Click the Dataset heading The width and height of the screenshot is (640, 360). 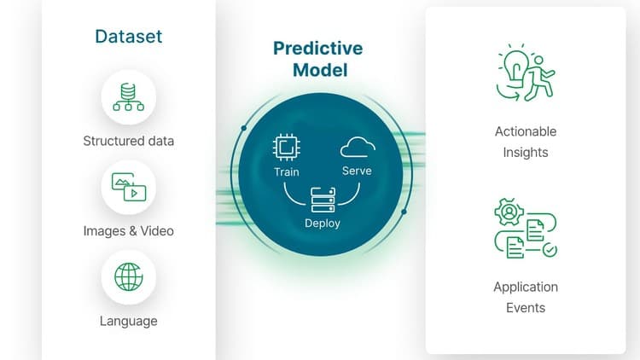point(129,37)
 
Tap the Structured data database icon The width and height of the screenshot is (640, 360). point(129,97)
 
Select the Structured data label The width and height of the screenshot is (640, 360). point(128,141)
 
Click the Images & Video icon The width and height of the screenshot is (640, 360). point(129,186)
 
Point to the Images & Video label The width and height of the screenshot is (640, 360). point(129,231)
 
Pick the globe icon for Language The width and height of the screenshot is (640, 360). point(129,276)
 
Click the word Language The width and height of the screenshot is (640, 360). point(129,322)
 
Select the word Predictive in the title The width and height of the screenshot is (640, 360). point(317,49)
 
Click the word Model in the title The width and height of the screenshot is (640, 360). point(320,71)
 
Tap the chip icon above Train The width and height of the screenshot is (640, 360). point(286,148)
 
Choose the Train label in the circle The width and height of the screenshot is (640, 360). point(287,171)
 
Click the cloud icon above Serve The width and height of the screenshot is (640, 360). point(357,148)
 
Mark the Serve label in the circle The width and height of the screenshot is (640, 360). point(357,171)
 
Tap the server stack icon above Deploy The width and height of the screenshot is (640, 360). point(323,201)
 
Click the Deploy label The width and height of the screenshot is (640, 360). point(323,224)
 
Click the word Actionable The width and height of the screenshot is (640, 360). point(526,131)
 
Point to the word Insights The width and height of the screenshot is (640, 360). point(526,153)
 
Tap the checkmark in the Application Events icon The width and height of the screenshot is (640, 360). point(550,250)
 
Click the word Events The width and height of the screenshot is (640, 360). point(526,308)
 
